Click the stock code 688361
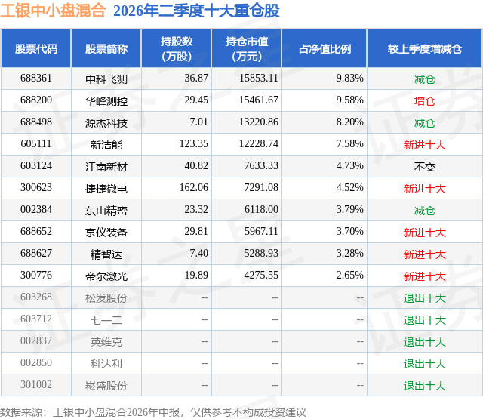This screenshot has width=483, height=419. coord(36,79)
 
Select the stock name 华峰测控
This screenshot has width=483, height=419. coord(106,101)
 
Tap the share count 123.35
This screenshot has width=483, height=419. coord(194,144)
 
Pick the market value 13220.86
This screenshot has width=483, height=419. coord(259,122)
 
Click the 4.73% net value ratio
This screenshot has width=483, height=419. coord(349,166)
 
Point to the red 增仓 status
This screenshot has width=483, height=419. coord(424,101)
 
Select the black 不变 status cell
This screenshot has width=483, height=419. coord(424,167)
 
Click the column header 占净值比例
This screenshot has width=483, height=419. coord(325,48)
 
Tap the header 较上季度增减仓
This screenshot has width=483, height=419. coord(425,48)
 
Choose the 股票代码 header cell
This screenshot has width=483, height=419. coord(36,48)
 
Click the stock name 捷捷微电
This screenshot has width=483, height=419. coord(106,189)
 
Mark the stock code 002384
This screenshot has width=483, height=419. coord(36,210)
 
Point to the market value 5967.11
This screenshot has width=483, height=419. coord(261,231)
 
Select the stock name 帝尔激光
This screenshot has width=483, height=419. coord(106,276)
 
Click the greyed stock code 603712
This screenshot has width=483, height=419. coord(36,319)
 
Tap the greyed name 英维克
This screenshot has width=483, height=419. coord(106,342)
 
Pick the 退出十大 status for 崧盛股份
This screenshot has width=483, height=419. coord(424,386)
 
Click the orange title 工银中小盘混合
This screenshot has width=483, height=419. coord(53,11)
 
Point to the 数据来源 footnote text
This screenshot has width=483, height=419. coord(152,412)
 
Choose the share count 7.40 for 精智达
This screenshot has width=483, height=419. coord(198,253)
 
